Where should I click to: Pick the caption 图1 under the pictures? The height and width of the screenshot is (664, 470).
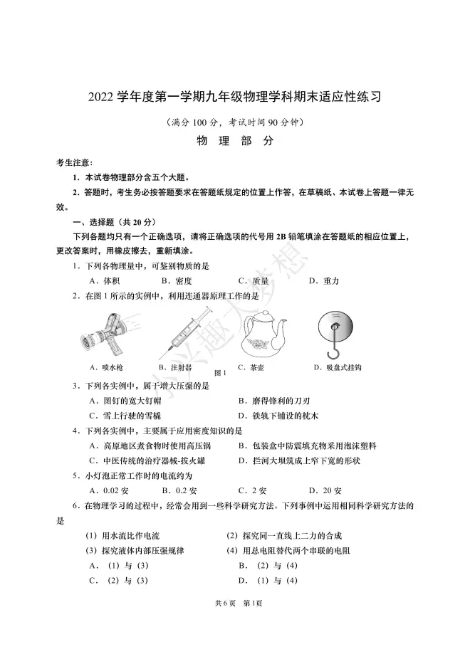pos(220,372)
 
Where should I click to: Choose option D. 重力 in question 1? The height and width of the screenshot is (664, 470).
pos(324,280)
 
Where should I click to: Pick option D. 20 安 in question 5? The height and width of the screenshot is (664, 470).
pos(325,490)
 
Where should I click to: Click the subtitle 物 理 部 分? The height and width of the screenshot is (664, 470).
pos(234,141)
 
